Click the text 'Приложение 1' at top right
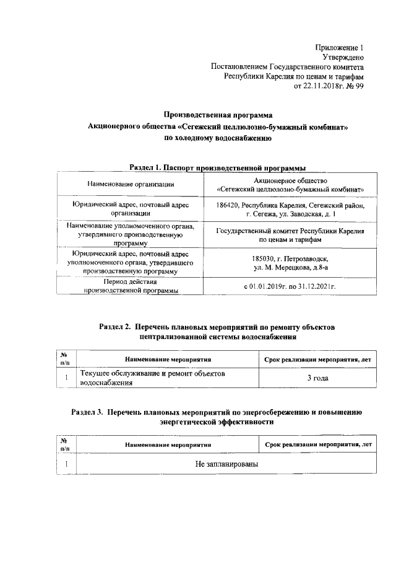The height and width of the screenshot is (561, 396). (340, 48)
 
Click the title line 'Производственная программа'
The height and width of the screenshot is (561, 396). (217, 115)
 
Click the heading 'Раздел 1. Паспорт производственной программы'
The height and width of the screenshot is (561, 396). (218, 167)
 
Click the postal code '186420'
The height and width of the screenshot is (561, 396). (228, 205)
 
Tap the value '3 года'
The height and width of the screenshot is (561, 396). (317, 378)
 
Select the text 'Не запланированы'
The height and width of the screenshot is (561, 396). (226, 464)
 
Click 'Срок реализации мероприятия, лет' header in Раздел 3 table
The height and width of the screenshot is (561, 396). (317, 445)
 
